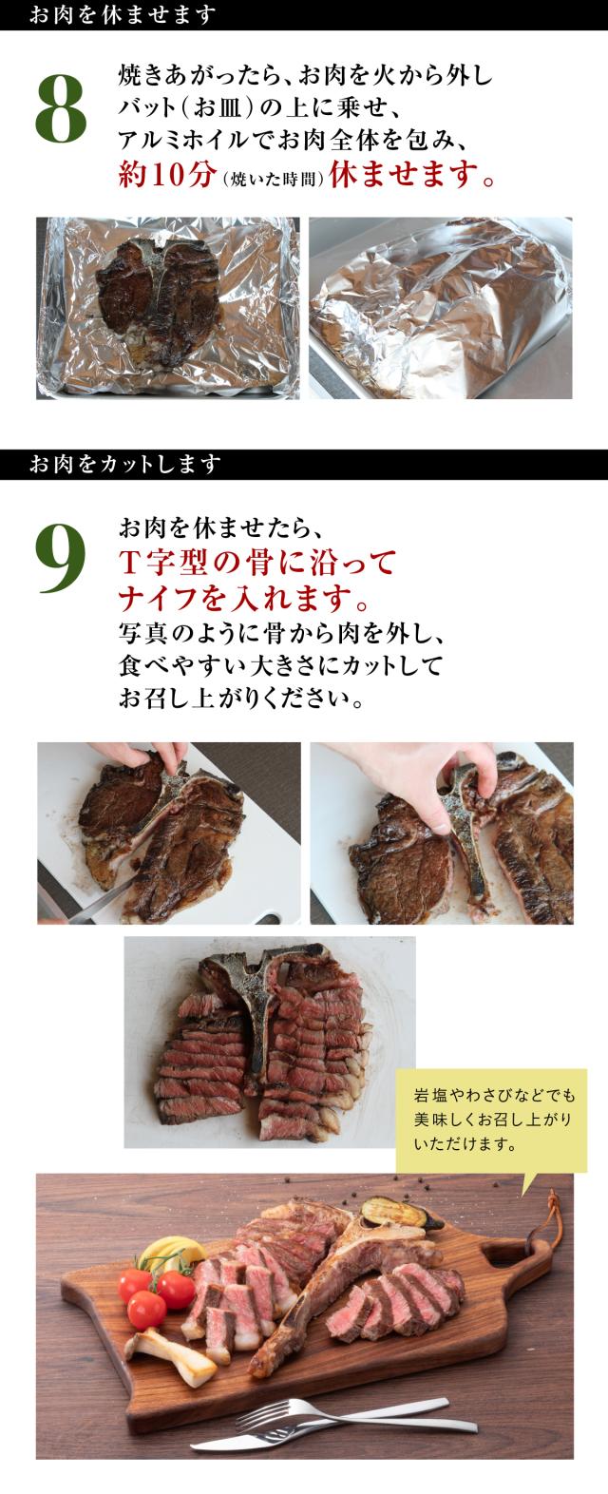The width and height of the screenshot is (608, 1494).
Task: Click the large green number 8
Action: (x=61, y=112)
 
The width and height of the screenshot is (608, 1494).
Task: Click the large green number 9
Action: (x=61, y=563)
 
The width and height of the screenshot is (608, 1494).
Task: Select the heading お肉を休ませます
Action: (x=123, y=15)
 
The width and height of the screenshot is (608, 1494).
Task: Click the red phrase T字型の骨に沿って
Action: (x=256, y=564)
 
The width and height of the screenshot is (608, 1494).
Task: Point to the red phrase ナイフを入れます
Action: (x=243, y=599)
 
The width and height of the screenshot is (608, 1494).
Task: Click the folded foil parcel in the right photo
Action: (x=437, y=314)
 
